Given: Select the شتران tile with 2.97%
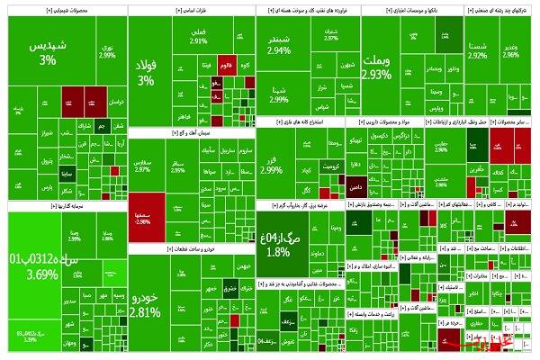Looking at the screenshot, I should [x=331, y=38].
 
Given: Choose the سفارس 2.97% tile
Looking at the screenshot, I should [x=142, y=166].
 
